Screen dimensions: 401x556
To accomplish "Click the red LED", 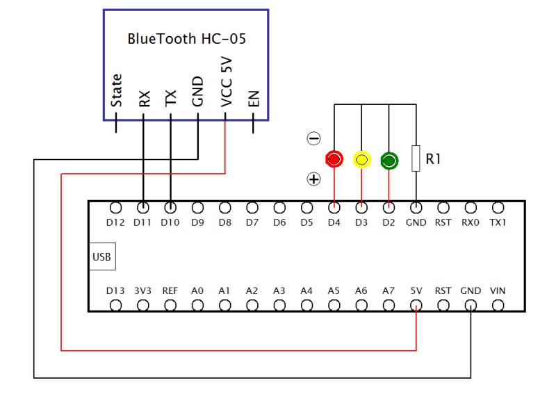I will point(334,160).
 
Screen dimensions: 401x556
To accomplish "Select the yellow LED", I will point(361,160).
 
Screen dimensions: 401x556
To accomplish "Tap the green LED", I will point(389,161).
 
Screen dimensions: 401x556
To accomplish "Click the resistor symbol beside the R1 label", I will point(416,158).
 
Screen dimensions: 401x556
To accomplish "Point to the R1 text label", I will point(434,159).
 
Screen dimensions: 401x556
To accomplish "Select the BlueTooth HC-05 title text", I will point(187,39).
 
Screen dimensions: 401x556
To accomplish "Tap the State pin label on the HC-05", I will point(117,90).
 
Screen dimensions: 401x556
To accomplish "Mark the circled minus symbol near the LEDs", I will point(314,139).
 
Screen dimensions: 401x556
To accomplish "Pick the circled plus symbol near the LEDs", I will point(314,179).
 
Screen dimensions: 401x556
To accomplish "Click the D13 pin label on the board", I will point(116,290).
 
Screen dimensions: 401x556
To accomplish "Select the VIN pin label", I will point(498,290).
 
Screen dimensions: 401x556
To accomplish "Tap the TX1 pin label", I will point(498,223).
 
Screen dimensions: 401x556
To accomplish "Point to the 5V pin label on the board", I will point(416,290).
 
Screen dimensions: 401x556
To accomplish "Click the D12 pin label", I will point(116,223).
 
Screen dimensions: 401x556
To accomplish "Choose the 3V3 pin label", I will point(143,290).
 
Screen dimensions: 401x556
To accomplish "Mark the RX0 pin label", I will point(471,223).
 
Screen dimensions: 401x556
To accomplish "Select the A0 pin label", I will point(197,290).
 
